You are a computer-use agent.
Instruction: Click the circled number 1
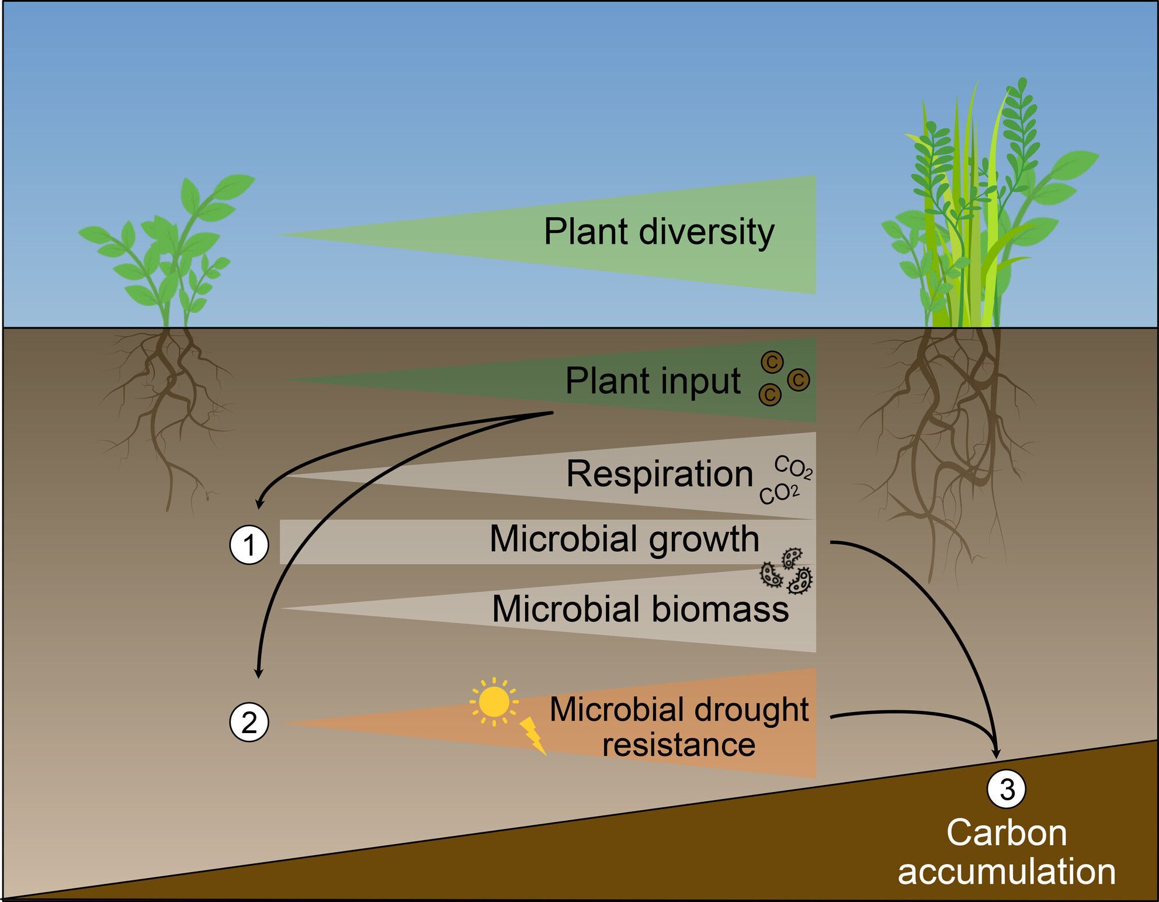pos(249,545)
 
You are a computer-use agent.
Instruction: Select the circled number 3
pos(1007,789)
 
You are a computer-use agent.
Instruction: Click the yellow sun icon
pos(494,701)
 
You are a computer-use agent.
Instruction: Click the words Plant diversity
pos(658,231)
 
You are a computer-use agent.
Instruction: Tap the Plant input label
pos(653,381)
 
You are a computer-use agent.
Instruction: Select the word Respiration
pos(660,474)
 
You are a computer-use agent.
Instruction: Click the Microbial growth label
pos(624,538)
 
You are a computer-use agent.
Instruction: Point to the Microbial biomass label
pos(640,609)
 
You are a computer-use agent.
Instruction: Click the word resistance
pos(679,745)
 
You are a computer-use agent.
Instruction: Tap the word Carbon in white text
pos(1006,832)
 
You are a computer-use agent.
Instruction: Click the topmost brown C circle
pos(771,362)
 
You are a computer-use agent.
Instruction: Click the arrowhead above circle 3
pos(996,753)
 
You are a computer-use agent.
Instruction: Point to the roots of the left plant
pos(166,409)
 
